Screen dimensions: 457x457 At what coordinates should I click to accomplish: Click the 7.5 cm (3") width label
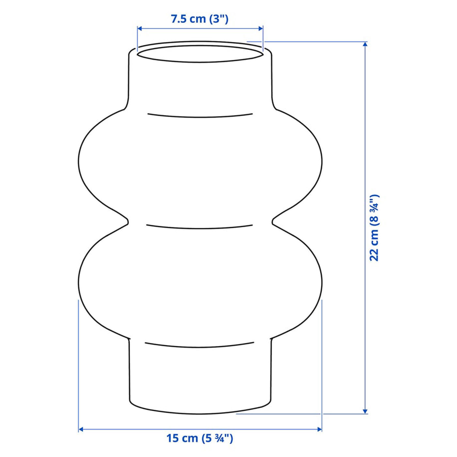[x=199, y=19]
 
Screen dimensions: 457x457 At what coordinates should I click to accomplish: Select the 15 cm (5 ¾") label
[x=199, y=445]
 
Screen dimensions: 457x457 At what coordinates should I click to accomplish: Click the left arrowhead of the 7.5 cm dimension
[x=140, y=29]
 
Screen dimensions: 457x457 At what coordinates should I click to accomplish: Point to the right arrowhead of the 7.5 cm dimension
[x=260, y=29]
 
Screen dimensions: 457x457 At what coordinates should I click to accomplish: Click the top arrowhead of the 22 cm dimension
[x=365, y=44]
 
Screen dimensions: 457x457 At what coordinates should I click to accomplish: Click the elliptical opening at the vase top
[x=200, y=62]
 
